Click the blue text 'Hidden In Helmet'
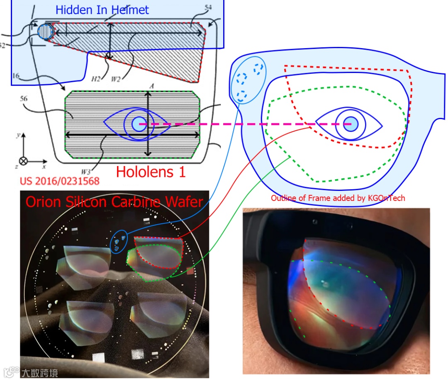pos(102,10)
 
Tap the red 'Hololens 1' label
pos(151,171)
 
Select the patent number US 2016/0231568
pos(60,181)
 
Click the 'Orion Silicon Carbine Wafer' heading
pos(114,202)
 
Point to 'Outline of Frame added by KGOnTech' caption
pos(338,198)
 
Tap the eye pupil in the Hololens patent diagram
pos(139,124)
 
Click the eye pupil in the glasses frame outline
pos(351,124)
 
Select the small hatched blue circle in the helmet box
pos(45,32)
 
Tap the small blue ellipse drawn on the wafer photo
pos(120,241)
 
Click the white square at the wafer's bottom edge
pos(100,358)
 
